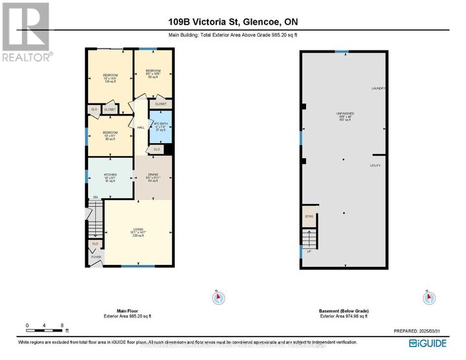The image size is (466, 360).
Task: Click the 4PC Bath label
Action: [161, 127]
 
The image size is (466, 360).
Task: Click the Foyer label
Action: [95, 257]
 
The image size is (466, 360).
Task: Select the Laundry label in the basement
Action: [379, 89]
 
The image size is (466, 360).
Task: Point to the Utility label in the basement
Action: [375, 166]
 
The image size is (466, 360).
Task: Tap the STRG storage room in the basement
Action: [309, 217]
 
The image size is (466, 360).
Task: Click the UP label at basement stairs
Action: [309, 251]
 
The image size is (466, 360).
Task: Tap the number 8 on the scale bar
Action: [61, 325]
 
